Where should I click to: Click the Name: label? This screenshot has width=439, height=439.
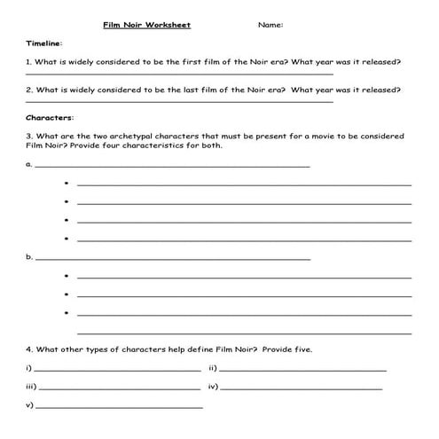point(270,25)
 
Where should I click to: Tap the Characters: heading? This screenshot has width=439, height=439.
point(50,117)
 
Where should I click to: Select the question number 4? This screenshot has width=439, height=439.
point(29,349)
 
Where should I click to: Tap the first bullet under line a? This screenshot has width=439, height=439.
point(67,184)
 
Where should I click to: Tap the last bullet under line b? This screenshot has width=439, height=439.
point(67,312)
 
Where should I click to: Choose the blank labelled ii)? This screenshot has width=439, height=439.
point(303,369)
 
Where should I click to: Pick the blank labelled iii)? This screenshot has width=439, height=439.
point(120,388)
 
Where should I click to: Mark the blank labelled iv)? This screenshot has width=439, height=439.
point(302,388)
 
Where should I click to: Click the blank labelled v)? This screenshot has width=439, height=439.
point(120,407)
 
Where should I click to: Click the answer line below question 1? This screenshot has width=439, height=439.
point(177,74)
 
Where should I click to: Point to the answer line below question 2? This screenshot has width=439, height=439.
point(177,102)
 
